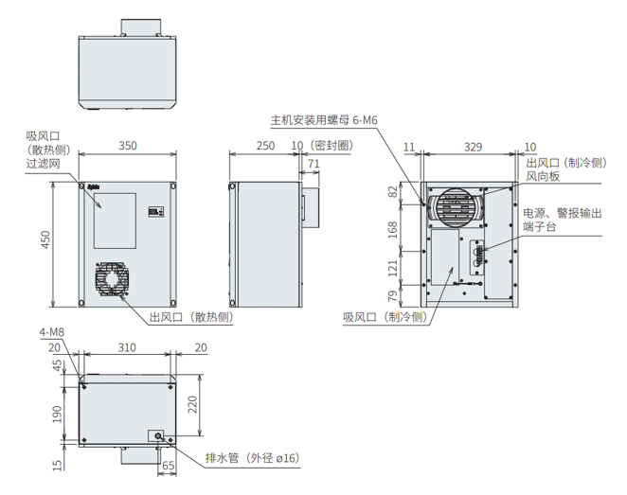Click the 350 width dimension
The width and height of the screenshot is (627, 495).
coord(127,146)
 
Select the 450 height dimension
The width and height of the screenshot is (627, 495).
coord(46,242)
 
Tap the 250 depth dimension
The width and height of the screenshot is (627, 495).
coord(265,146)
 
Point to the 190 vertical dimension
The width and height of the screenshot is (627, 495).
coord(56,414)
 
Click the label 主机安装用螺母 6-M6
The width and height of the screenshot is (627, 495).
coord(323,120)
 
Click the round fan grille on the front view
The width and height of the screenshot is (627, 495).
coord(113,280)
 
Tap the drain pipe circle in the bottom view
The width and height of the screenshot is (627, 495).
coord(157,436)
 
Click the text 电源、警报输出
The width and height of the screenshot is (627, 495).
coord(562,214)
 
